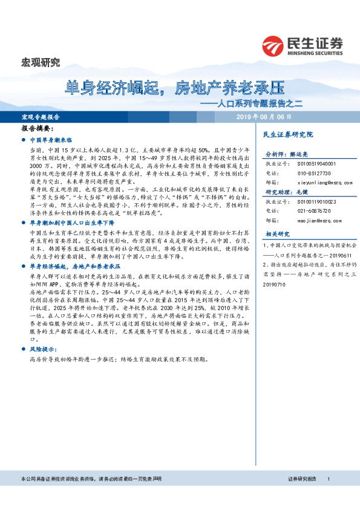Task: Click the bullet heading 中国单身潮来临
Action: pyautogui.click(x=50, y=139)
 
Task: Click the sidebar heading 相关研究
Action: pyautogui.click(x=277, y=234)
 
